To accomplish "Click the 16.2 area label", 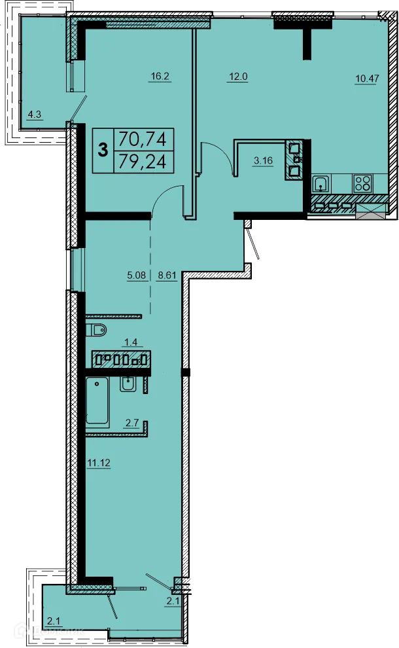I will pyautogui.click(x=160, y=77).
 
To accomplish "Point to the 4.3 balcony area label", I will pyautogui.click(x=35, y=116).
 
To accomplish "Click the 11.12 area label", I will pyautogui.click(x=97, y=463).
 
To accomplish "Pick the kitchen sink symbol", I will pyautogui.click(x=321, y=183).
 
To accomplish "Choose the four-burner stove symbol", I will pyautogui.click(x=362, y=183).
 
